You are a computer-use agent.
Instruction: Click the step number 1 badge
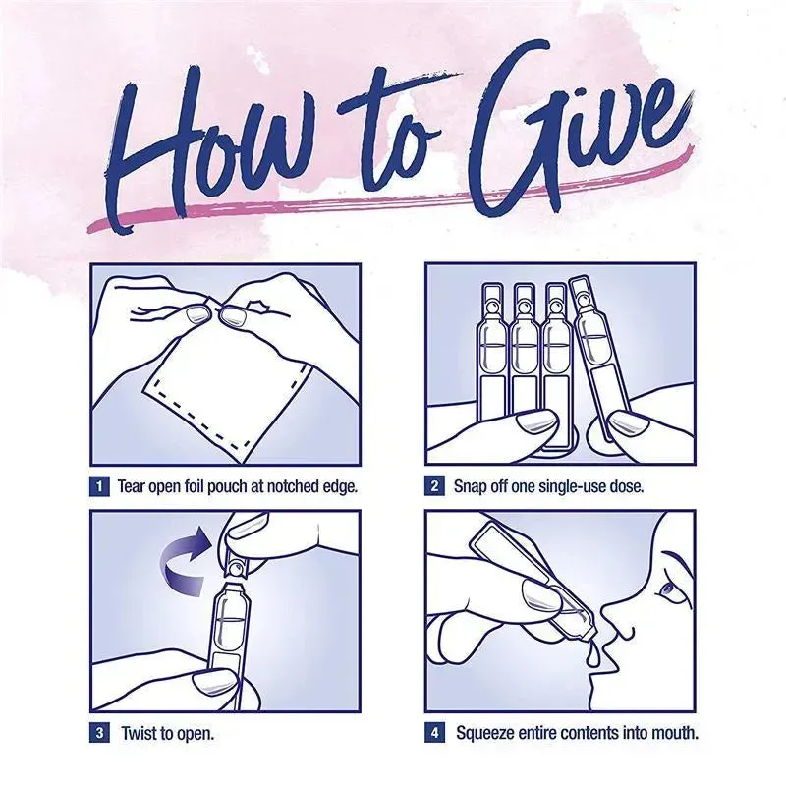[99, 486]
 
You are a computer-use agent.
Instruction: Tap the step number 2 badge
[434, 486]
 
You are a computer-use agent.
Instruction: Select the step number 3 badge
[99, 733]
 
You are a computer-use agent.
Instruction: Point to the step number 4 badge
[434, 733]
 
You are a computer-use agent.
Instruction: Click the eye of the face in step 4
[667, 590]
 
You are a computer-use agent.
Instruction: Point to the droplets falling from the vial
[595, 650]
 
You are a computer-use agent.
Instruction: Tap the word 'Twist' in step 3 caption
[140, 733]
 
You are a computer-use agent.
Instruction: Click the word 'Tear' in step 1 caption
[132, 486]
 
